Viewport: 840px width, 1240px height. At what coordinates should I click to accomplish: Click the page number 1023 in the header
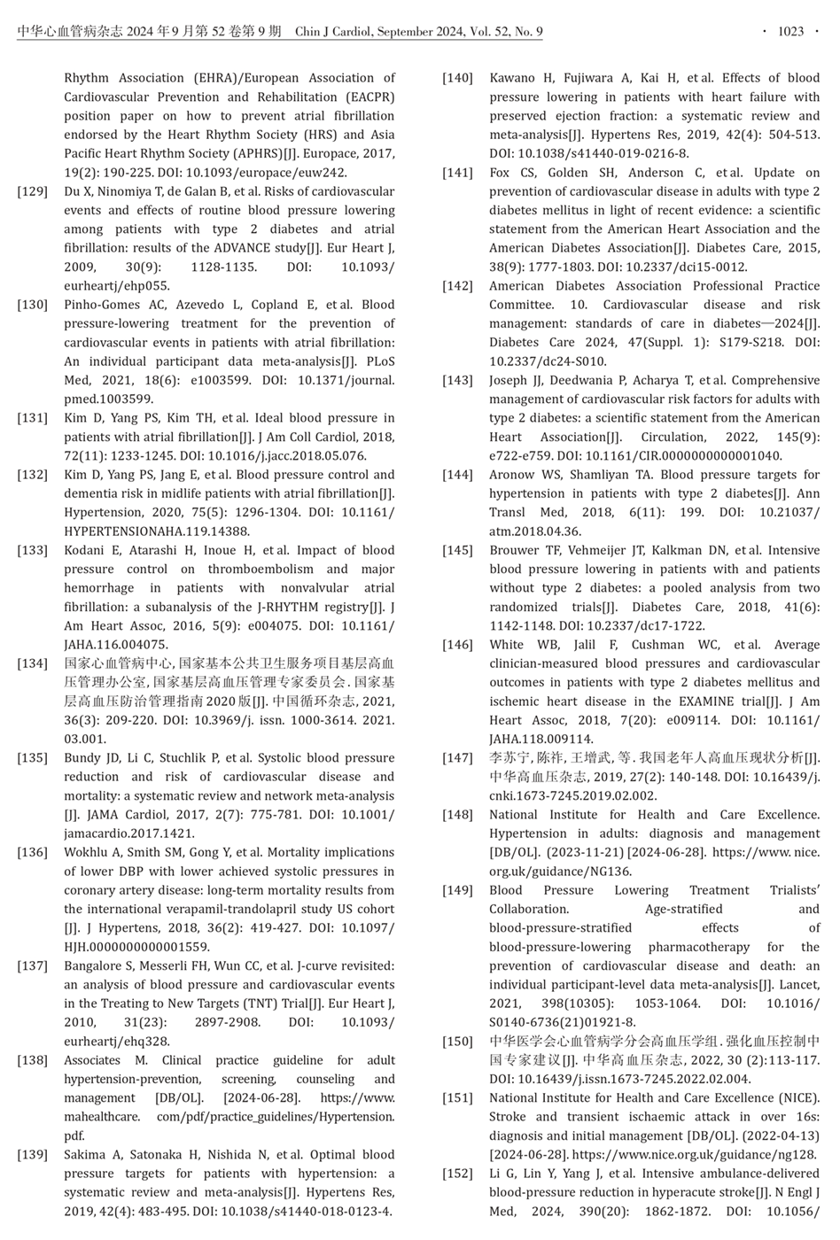[x=790, y=32]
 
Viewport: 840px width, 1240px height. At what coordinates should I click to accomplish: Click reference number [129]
[x=33, y=191]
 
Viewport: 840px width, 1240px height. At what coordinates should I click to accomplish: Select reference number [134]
[x=33, y=663]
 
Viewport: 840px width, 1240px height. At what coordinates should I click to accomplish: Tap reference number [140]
[x=458, y=79]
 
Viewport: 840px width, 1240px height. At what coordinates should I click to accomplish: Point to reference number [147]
[x=458, y=758]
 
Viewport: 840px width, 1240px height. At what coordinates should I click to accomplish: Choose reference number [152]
[x=458, y=1174]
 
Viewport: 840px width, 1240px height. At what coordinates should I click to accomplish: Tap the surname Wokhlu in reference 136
[x=86, y=852]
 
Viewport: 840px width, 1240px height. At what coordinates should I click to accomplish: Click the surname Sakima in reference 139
[x=84, y=1154]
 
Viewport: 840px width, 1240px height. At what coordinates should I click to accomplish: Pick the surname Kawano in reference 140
[x=512, y=79]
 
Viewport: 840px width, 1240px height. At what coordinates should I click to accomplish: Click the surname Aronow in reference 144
[x=511, y=475]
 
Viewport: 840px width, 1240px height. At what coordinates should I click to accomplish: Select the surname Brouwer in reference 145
[x=515, y=550]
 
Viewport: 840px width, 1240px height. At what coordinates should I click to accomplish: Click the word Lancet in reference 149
[x=800, y=985]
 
